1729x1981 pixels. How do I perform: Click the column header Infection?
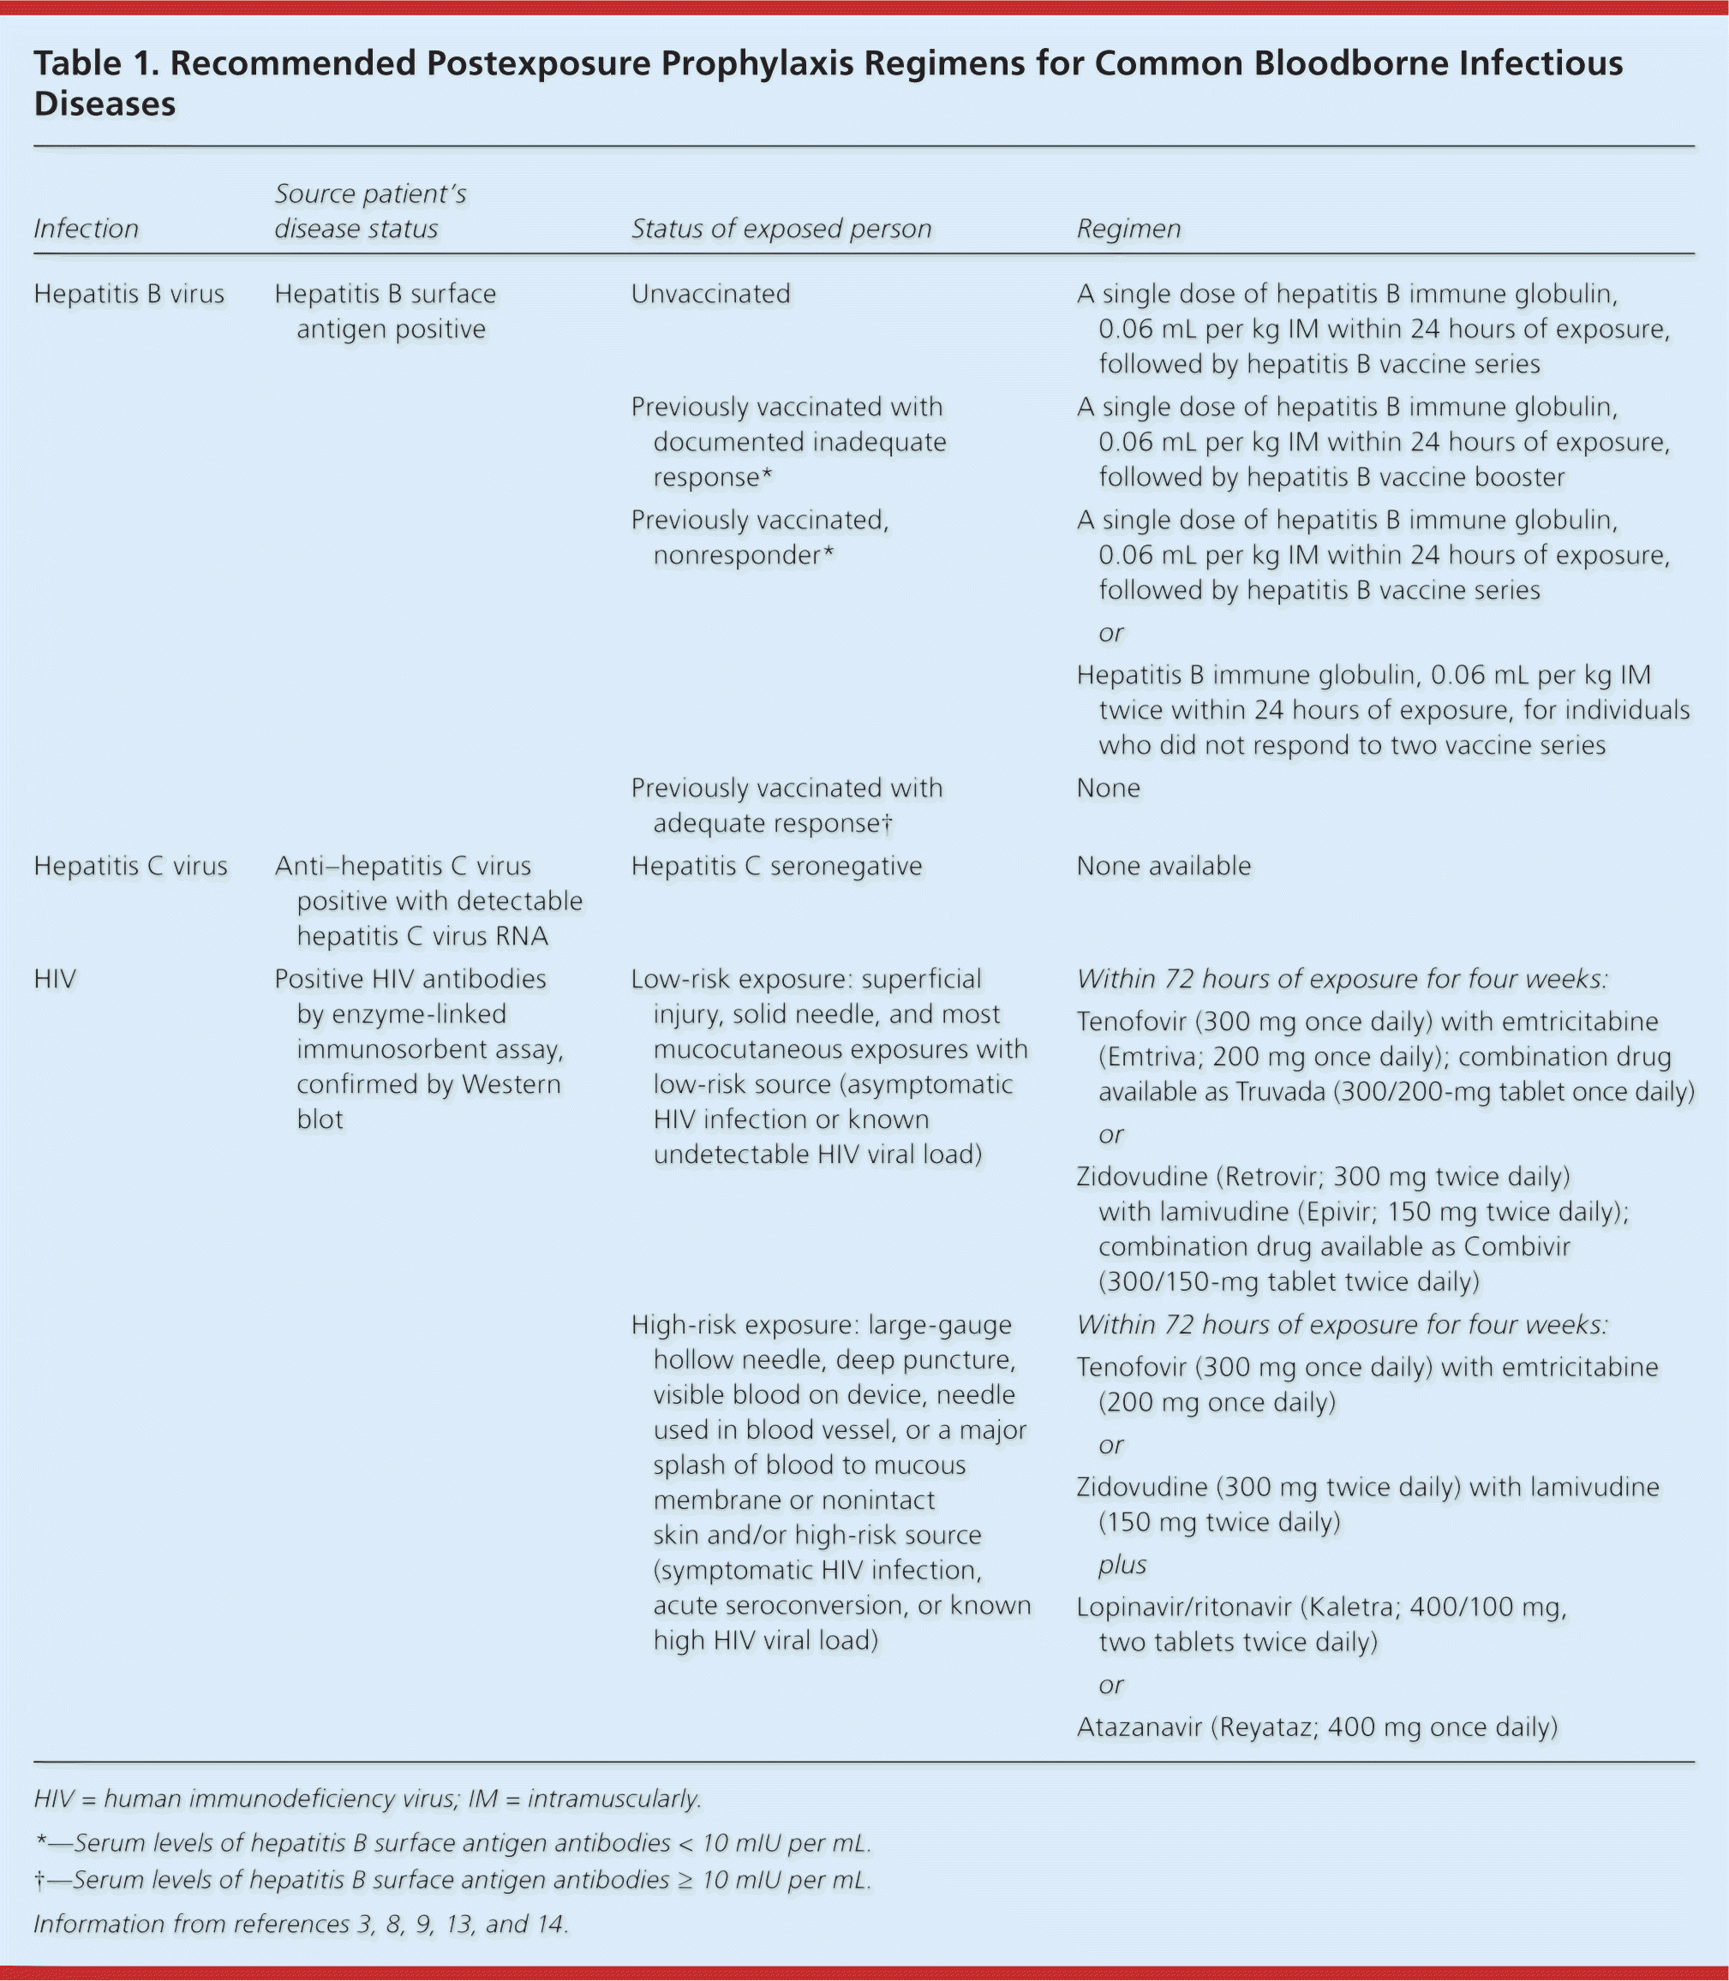86,229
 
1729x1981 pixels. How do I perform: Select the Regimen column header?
1128,229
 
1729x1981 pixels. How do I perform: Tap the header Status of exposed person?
781,229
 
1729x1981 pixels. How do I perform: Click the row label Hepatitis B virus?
129,294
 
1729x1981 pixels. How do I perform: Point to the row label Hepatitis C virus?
130,866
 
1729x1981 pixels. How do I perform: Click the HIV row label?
54,979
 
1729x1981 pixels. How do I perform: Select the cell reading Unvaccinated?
710,294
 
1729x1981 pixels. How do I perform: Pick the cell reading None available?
1163,866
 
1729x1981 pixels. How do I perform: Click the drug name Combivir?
1516,1246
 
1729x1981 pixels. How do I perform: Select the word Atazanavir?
1140,1727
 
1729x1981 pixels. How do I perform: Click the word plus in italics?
1122,1565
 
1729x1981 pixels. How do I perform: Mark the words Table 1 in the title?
93,63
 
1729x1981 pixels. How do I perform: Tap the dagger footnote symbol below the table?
39,1880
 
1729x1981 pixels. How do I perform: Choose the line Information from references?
300,1924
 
